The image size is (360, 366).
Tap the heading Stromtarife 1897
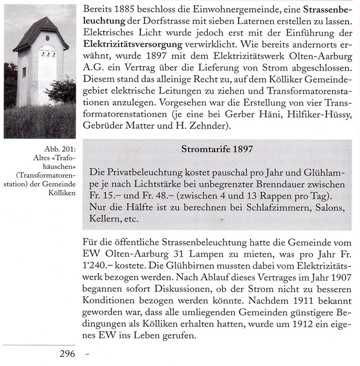tap(217, 149)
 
